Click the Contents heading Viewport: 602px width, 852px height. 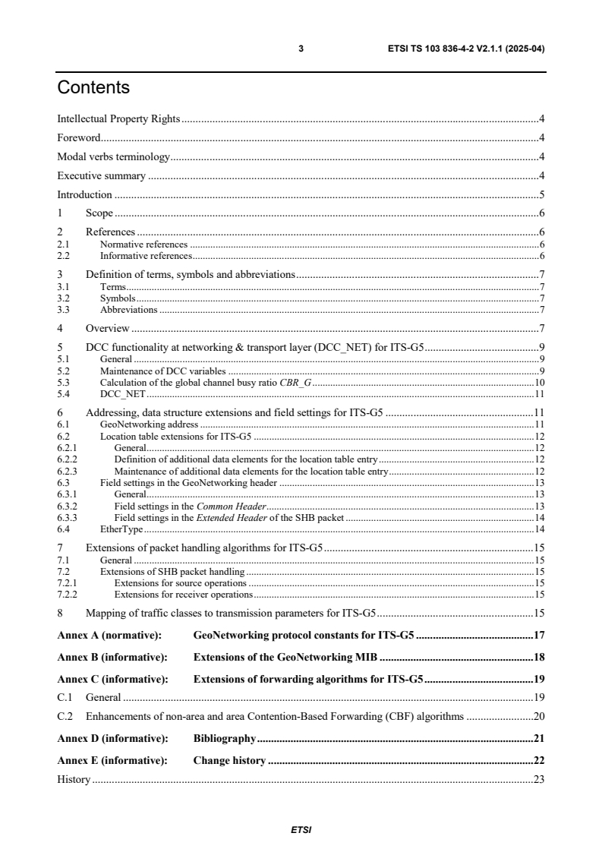tap(93, 88)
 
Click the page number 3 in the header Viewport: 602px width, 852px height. tap(301, 49)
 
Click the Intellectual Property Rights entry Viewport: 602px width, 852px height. tap(118, 118)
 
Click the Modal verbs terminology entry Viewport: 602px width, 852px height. tap(114, 156)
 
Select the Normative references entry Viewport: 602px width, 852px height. tap(143, 244)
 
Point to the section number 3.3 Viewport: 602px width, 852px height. tap(64, 310)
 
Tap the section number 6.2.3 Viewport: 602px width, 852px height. tap(67, 472)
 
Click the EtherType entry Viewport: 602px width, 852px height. tap(121, 529)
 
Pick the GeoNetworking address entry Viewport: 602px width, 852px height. tap(150, 424)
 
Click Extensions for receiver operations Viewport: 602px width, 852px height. tap(183, 594)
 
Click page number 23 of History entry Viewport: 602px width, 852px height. tap(540, 779)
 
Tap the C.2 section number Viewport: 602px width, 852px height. tap(67, 715)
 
